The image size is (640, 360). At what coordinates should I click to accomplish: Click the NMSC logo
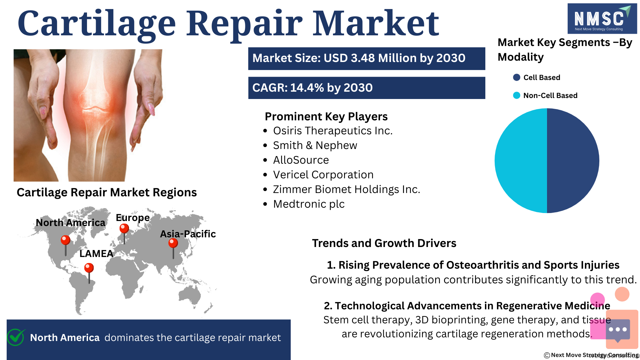(602, 19)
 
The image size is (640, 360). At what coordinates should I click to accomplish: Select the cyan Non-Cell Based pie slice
(521, 161)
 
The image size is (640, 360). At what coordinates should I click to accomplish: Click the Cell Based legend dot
(517, 77)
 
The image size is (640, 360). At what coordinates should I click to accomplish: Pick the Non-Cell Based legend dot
(517, 95)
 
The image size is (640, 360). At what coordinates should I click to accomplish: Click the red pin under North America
(65, 245)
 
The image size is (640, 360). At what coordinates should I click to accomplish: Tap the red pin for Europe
(124, 234)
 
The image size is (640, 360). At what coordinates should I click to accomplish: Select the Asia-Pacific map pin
(173, 248)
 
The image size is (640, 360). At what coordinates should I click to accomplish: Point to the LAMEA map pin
(89, 273)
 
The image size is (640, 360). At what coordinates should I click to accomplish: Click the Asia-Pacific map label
(188, 234)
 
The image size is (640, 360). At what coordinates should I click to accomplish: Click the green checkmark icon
(16, 337)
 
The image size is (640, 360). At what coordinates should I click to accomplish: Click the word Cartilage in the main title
(97, 24)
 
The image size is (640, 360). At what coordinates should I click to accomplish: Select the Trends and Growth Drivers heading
(384, 243)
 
